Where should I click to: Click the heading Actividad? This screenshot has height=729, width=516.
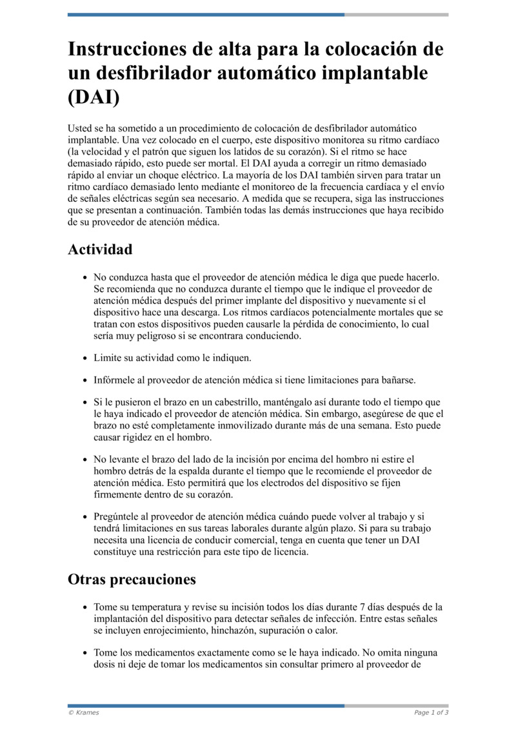pyautogui.click(x=100, y=249)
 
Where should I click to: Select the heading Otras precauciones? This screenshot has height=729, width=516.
pyautogui.click(x=132, y=579)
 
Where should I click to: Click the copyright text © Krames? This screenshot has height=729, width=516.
pyautogui.click(x=84, y=712)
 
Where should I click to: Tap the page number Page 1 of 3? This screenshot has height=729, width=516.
pyautogui.click(x=431, y=712)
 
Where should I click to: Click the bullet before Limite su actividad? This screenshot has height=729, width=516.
pyautogui.click(x=85, y=358)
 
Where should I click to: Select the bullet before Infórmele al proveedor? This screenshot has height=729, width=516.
pyautogui.click(x=85, y=380)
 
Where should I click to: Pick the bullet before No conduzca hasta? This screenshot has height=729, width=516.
pyautogui.click(x=85, y=278)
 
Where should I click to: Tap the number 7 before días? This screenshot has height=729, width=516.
pyautogui.click(x=362, y=607)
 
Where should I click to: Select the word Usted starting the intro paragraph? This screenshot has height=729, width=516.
pyautogui.click(x=81, y=128)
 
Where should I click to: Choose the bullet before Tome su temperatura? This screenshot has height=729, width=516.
pyautogui.click(x=85, y=607)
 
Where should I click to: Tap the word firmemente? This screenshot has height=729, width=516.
pyautogui.click(x=118, y=494)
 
